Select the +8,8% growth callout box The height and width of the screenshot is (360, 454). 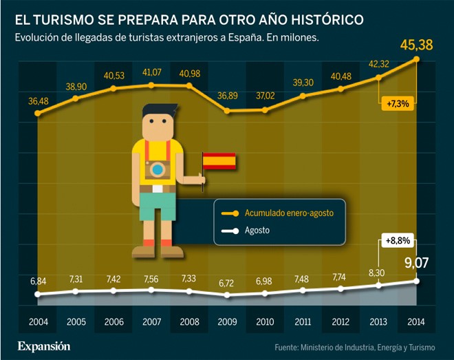coord(398,242)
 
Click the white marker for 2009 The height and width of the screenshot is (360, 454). coord(228,295)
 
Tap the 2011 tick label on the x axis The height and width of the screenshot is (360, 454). coord(303,321)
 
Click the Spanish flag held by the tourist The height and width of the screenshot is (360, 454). coord(220,161)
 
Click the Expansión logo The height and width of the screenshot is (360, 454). coord(44,345)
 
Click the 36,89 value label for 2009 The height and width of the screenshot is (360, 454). coord(228,95)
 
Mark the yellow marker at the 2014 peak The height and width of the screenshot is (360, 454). coord(416,60)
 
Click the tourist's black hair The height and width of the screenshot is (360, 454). coord(158,112)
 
